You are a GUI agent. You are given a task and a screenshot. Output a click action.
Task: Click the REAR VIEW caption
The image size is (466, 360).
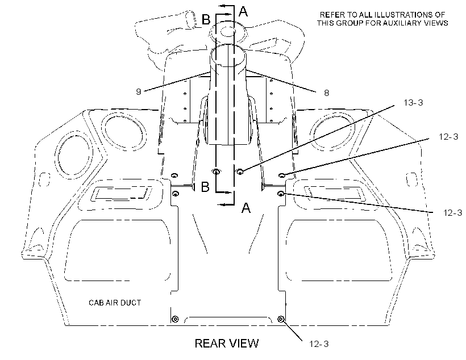[x=226, y=344]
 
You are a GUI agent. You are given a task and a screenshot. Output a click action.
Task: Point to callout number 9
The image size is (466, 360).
[x=139, y=92]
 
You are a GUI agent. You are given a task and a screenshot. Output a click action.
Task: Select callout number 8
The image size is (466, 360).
[x=327, y=93]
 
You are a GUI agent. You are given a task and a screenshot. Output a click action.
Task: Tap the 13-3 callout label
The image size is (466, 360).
[x=413, y=103]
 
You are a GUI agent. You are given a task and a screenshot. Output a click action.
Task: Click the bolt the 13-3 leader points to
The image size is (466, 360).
[x=240, y=171]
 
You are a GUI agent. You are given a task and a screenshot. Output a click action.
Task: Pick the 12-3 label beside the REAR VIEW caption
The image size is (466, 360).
[x=319, y=344]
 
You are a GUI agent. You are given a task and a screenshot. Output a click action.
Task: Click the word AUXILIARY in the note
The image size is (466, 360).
[x=399, y=23]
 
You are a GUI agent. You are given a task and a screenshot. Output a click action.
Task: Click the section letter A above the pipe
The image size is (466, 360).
[x=243, y=11]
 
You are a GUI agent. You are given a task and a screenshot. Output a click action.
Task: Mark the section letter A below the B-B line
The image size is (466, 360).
[x=246, y=208]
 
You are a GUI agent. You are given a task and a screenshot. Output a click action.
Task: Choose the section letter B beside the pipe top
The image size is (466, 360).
[x=206, y=20]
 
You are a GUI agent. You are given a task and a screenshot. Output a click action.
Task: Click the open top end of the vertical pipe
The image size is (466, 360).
[x=228, y=56]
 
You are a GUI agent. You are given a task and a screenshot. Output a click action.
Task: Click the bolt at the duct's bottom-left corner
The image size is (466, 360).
[x=176, y=319]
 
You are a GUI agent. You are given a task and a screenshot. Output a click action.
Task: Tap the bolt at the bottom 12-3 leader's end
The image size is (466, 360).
[x=281, y=319]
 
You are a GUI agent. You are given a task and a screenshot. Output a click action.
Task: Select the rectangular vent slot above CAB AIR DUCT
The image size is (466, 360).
[x=123, y=194]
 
